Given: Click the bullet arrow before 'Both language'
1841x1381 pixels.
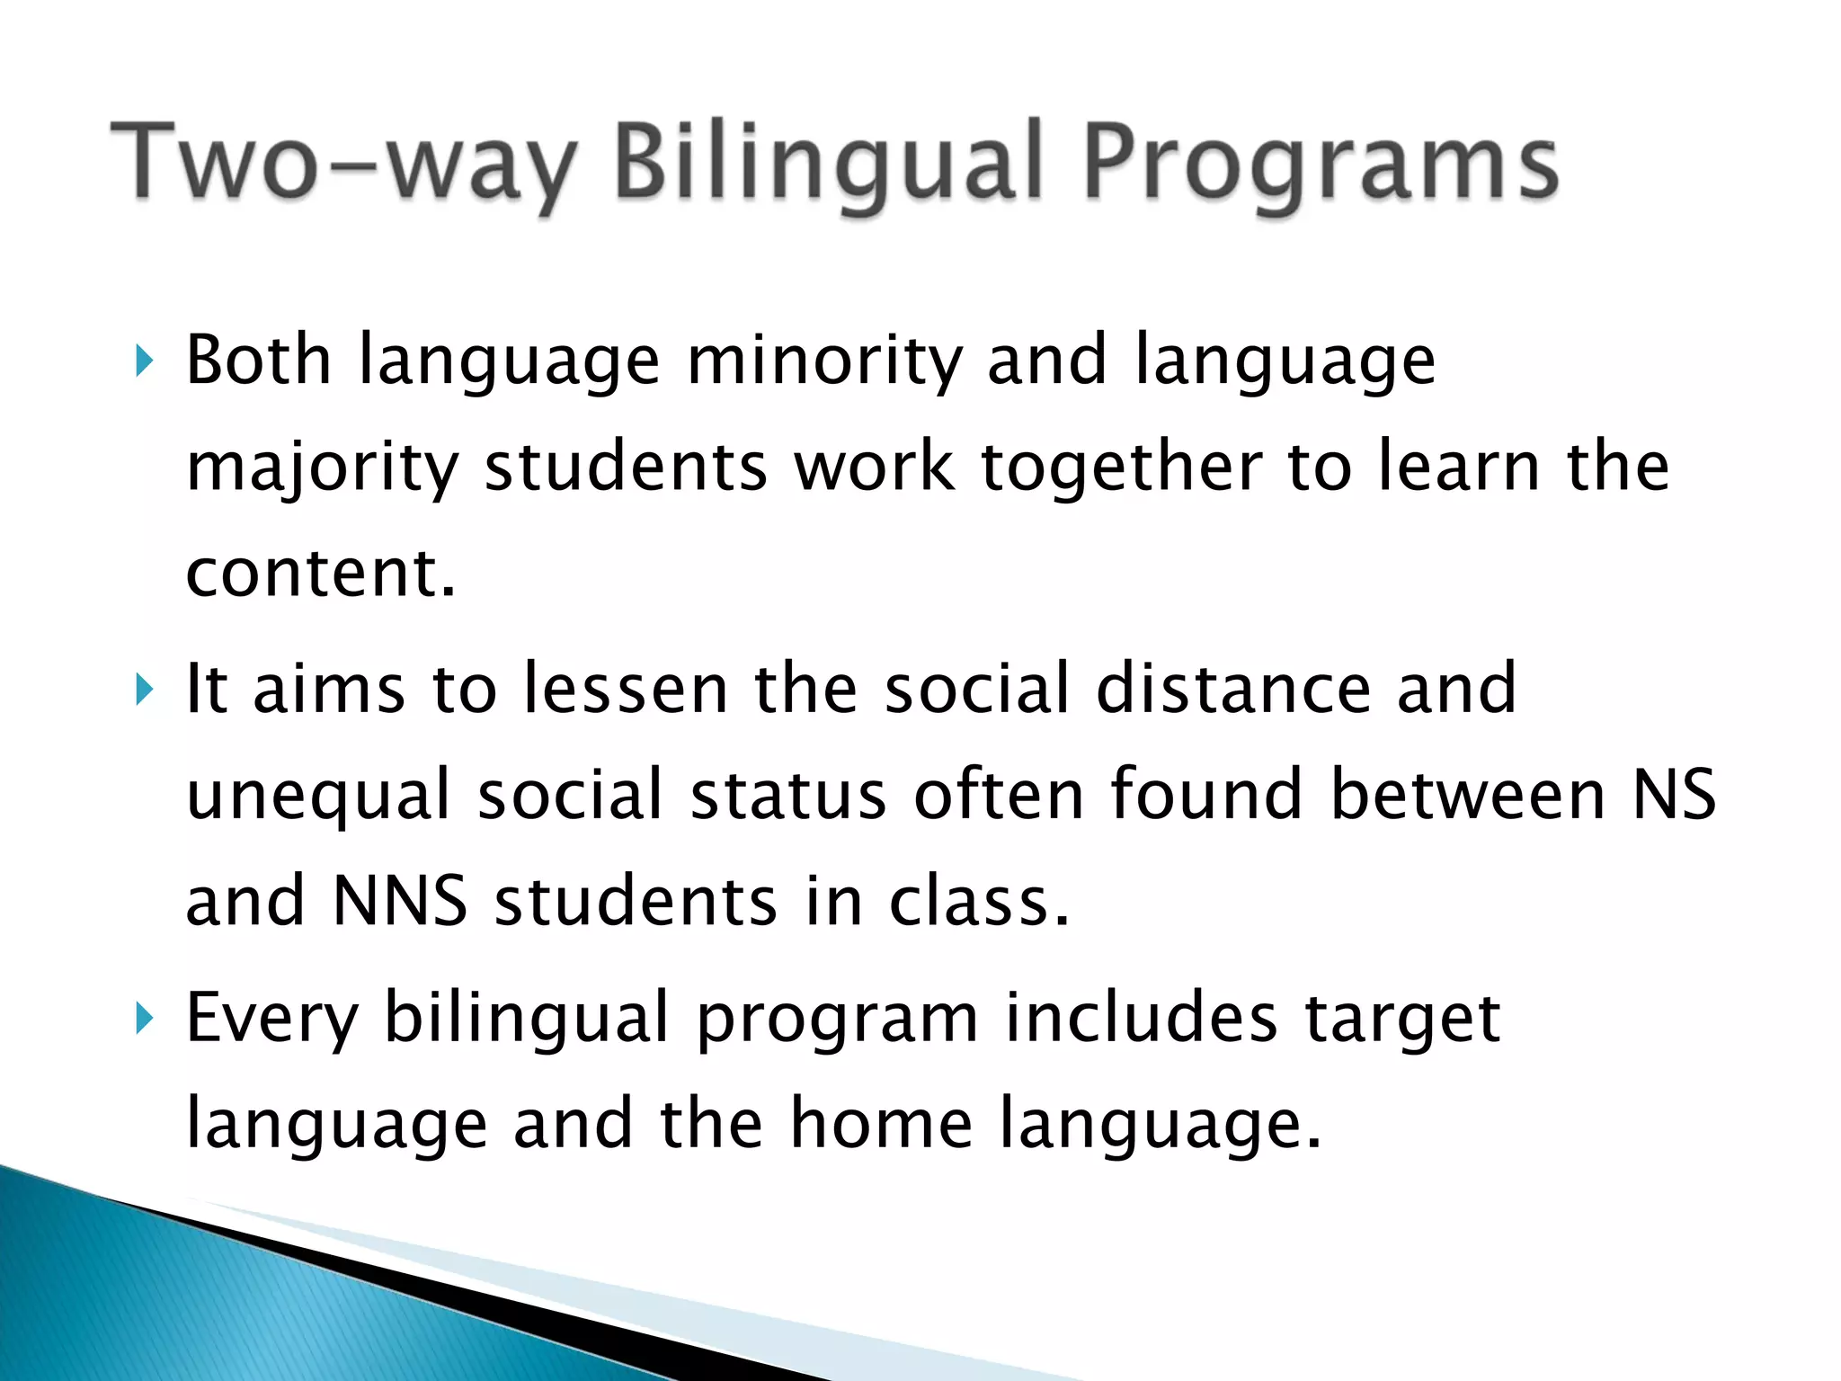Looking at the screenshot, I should tap(144, 362).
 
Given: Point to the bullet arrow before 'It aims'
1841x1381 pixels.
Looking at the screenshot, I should tap(144, 690).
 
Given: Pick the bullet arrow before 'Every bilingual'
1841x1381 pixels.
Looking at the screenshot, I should tap(144, 1020).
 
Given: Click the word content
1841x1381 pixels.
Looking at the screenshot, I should tap(320, 574).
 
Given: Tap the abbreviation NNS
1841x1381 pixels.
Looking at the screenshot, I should tap(399, 901).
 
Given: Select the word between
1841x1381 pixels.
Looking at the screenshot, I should tap(1467, 795).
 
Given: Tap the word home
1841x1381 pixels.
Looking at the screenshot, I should tap(881, 1124).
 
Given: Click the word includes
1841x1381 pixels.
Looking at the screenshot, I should tap(1141, 1018).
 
